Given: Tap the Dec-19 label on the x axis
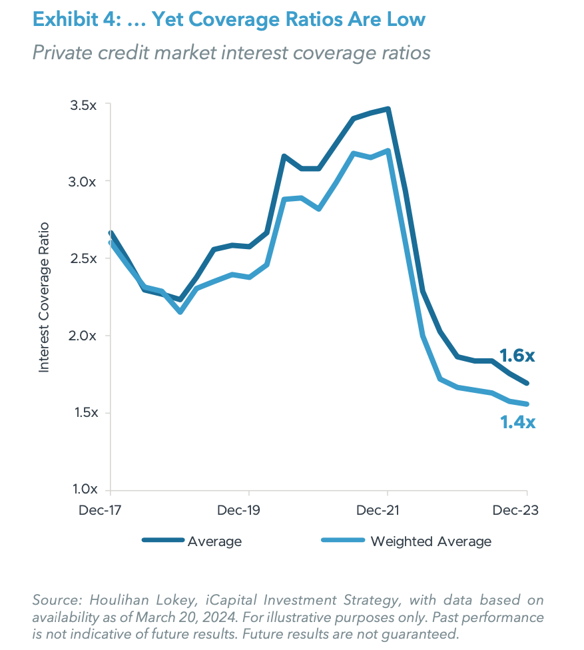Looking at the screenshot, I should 248,510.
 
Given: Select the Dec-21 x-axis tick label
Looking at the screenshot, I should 388,510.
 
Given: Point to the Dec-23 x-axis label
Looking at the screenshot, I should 515,510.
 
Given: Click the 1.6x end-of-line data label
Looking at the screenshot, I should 517,356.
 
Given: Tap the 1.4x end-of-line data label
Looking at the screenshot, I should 517,422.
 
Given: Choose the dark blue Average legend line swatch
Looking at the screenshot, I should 162,541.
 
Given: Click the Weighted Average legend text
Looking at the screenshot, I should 431,541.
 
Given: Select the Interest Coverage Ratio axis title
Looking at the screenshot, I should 45,297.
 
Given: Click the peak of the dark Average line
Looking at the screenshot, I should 388,109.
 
